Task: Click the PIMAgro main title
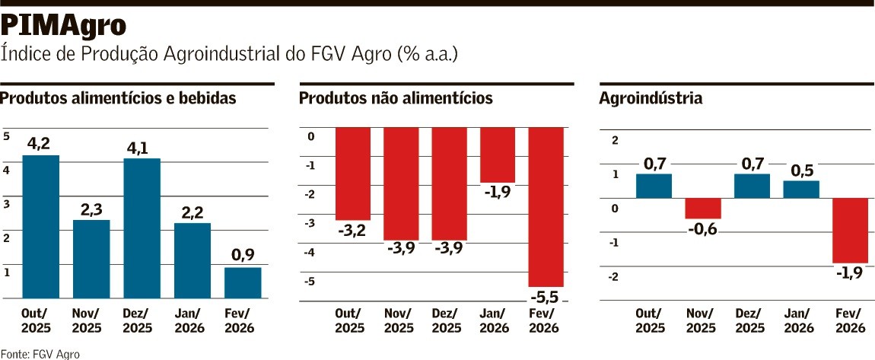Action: coord(63,26)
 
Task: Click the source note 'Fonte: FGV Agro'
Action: coord(40,353)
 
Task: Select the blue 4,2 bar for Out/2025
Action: coord(41,226)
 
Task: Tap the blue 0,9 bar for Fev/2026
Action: coord(243,282)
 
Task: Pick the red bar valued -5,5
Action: coord(546,206)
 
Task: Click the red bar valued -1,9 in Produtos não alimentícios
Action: coord(498,155)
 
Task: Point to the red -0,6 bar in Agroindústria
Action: coord(703,208)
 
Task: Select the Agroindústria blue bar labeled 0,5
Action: coord(801,189)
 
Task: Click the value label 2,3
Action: coord(91,209)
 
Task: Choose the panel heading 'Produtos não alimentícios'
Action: coord(396,98)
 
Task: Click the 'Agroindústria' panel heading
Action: coord(651,98)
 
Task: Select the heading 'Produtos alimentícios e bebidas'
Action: coord(119,98)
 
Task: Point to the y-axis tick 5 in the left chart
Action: coord(7,136)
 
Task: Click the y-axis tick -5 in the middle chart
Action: coord(310,282)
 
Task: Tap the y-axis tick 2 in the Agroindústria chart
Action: coord(616,140)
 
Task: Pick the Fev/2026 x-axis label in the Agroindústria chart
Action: coord(848,320)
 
